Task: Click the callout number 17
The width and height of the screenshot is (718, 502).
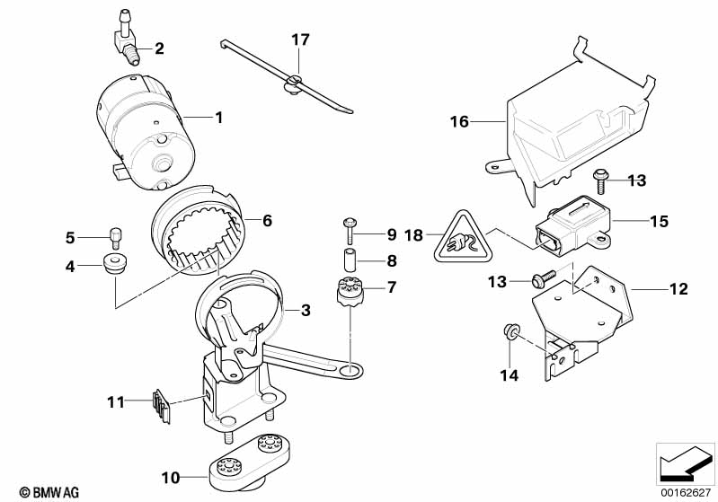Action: [x=299, y=40]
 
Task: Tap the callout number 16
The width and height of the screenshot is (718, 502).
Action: [x=459, y=121]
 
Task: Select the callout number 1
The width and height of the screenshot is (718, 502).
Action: [x=217, y=117]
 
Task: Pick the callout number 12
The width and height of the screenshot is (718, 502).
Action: [x=678, y=289]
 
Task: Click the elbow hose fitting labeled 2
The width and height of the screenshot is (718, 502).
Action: [x=127, y=41]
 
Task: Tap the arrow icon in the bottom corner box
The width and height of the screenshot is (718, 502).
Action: [x=684, y=464]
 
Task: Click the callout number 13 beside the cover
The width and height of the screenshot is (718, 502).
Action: [x=636, y=181]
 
